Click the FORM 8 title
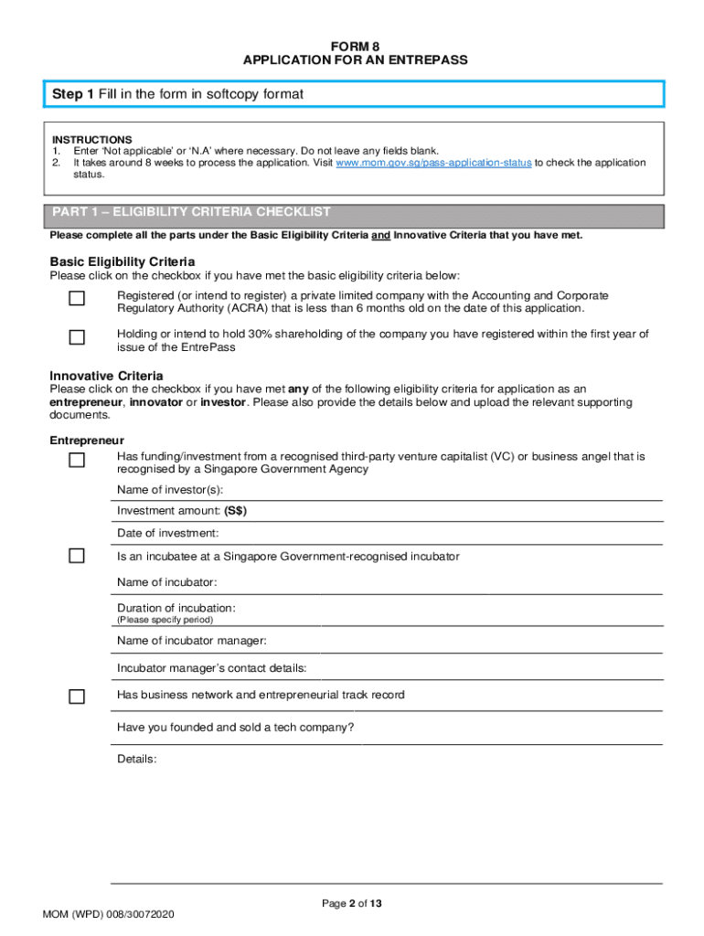(x=355, y=46)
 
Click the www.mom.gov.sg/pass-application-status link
(x=433, y=163)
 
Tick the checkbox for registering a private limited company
(x=77, y=299)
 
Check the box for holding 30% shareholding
(x=77, y=337)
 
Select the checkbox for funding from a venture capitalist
(x=77, y=460)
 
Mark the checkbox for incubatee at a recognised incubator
(x=77, y=556)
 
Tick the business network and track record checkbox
(x=77, y=697)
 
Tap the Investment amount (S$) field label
(x=182, y=511)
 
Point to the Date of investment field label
(x=168, y=533)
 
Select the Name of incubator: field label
(x=167, y=582)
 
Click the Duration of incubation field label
(x=176, y=608)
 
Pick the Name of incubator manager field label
(x=192, y=641)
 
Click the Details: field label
(x=137, y=759)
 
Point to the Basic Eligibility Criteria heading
(x=123, y=261)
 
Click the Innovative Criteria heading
(x=107, y=376)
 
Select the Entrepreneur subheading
(x=87, y=441)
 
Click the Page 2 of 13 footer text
(x=352, y=904)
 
